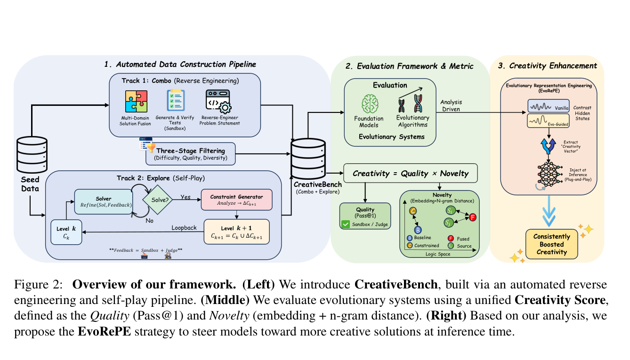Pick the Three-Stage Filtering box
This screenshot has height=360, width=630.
tap(190, 153)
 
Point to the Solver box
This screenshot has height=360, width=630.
tap(103, 201)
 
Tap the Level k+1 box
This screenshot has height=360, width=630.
tap(236, 231)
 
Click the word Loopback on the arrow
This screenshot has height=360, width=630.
tap(184, 227)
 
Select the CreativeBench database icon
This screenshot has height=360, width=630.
tap(308, 158)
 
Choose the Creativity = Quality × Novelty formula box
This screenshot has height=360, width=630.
tap(410, 174)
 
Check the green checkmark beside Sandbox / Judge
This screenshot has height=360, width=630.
tap(347, 224)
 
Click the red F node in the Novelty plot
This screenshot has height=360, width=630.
tap(473, 217)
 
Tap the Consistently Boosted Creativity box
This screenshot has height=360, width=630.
tap(551, 244)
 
